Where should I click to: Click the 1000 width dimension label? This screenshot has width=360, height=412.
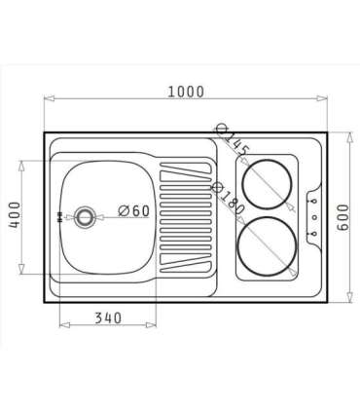click(x=186, y=92)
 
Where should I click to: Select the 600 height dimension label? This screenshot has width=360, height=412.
click(x=342, y=217)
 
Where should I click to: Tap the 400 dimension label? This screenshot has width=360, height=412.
click(x=15, y=214)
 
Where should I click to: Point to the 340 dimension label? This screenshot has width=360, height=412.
click(x=108, y=318)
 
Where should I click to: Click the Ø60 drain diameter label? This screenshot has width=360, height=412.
click(x=134, y=211)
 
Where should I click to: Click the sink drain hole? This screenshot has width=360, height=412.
click(x=85, y=216)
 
